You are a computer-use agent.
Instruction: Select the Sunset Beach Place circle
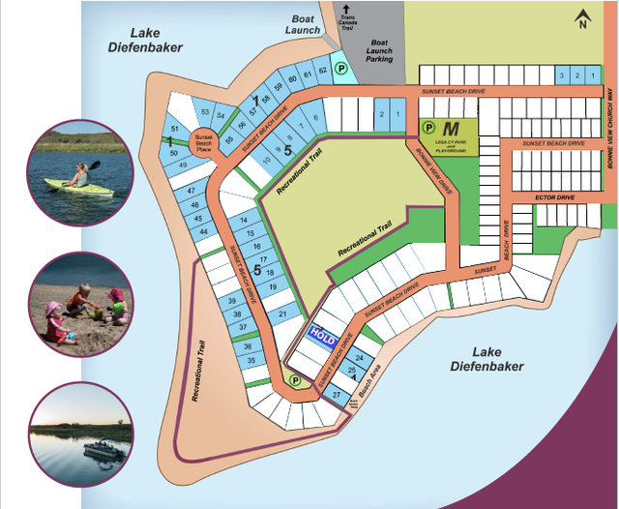coord(203,142)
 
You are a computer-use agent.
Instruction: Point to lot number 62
coord(323,73)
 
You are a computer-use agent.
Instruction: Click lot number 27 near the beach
coord(336,395)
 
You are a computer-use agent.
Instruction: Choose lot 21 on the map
coord(281,314)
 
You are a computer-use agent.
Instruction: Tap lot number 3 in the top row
coord(562,75)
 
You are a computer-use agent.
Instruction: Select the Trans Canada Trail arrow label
coord(346,17)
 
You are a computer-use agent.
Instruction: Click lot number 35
coord(251,361)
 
